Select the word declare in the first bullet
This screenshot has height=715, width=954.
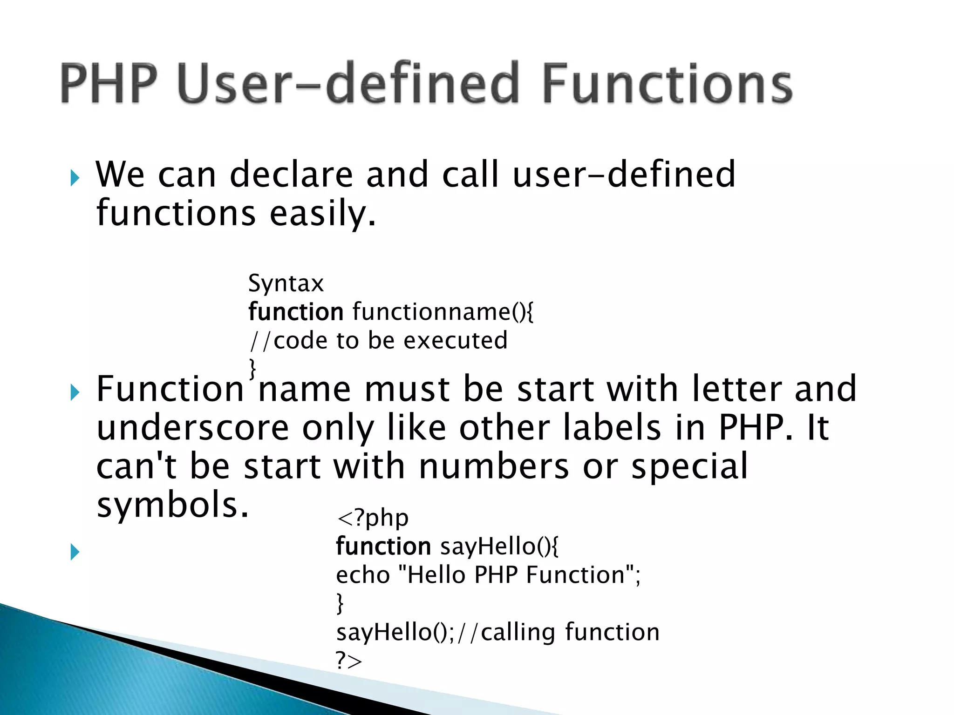pos(291,175)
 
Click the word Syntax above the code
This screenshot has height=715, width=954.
pos(286,283)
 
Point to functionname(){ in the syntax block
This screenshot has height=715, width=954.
pos(443,312)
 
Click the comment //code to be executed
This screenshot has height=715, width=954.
pos(378,341)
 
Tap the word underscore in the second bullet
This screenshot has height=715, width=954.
pos(192,428)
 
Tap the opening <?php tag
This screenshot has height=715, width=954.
pos(373,518)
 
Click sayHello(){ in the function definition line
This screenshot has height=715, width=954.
pos(498,546)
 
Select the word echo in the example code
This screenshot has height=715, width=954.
pos(363,575)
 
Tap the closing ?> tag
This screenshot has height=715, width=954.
pos(348,661)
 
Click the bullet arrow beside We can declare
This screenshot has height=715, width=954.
pos(75,178)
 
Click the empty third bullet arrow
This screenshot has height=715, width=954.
pos(75,552)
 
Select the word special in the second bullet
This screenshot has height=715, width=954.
pos(689,466)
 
